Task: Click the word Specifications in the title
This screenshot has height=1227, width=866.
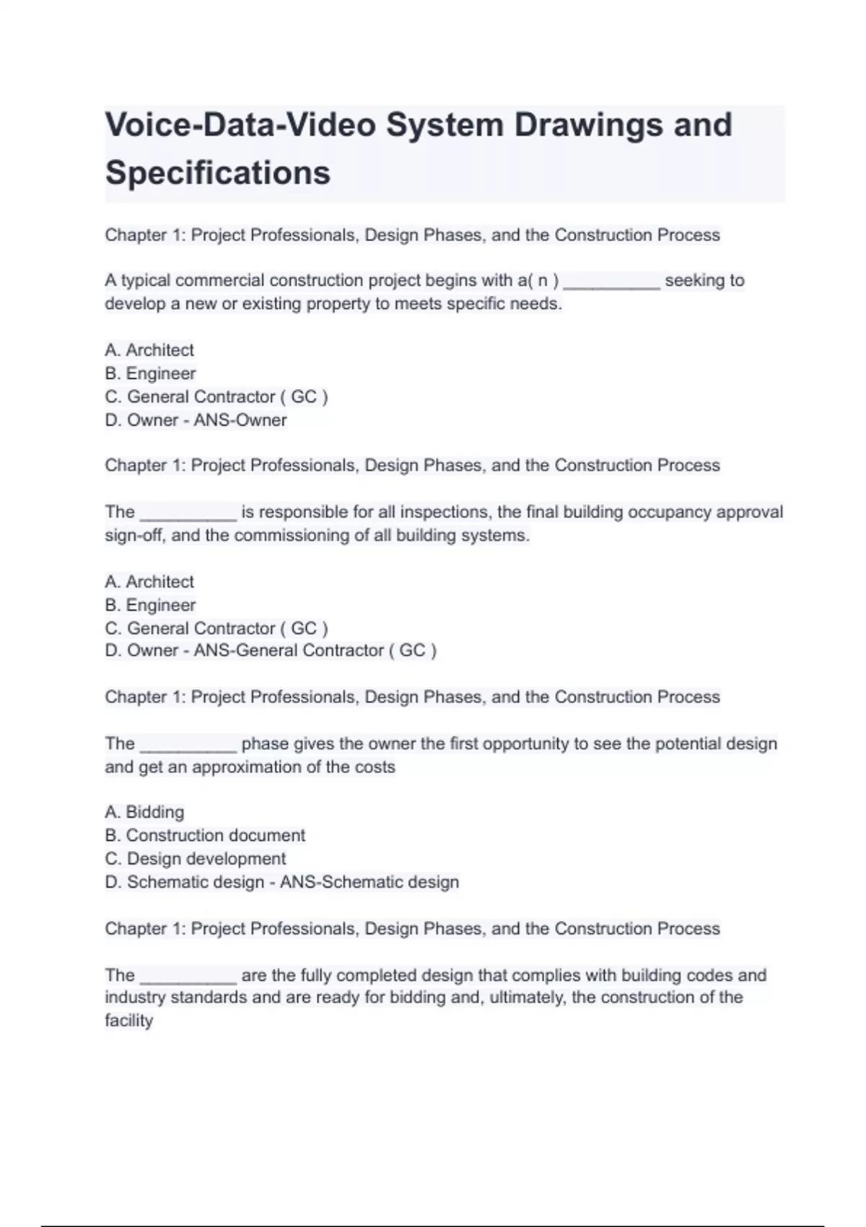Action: [218, 173]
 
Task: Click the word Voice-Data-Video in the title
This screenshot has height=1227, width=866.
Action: [241, 125]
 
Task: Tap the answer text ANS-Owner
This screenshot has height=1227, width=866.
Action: [240, 420]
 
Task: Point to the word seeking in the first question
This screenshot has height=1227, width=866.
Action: [694, 280]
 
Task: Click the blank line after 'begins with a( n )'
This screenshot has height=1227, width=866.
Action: [611, 283]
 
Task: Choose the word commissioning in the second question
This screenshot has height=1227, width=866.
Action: [301, 536]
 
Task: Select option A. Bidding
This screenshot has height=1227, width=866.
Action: [144, 812]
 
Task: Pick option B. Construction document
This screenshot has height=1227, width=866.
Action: [205, 835]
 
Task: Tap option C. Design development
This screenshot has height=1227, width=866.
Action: [195, 859]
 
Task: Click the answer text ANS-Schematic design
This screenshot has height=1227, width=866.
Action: [369, 882]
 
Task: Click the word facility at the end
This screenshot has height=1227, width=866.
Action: [128, 1021]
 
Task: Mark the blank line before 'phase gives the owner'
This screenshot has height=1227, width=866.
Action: [188, 746]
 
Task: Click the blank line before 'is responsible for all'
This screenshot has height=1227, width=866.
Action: [188, 515]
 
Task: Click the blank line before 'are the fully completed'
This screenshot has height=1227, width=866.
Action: [188, 978]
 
